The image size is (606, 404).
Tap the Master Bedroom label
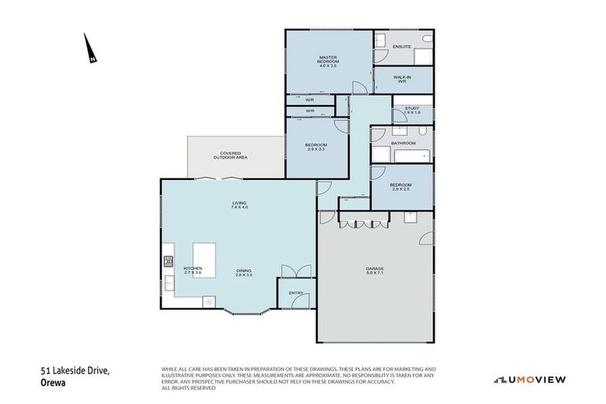pyautogui.click(x=328, y=61)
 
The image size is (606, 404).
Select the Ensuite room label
pyautogui.click(x=401, y=47)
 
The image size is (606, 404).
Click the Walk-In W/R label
pyautogui.click(x=402, y=79)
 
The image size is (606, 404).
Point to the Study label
pyautogui.click(x=412, y=110)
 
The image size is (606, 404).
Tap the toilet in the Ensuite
pyautogui.click(x=425, y=38)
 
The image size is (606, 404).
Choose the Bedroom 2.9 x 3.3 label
pyautogui.click(x=316, y=147)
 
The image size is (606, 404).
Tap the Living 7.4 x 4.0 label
pyautogui.click(x=239, y=205)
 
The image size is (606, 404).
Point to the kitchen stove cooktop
pyautogui.click(x=168, y=261)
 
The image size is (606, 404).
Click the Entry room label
pyautogui.click(x=296, y=292)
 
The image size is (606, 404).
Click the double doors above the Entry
pyautogui.click(x=296, y=271)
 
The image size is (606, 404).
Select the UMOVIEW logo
pyautogui.click(x=529, y=380)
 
